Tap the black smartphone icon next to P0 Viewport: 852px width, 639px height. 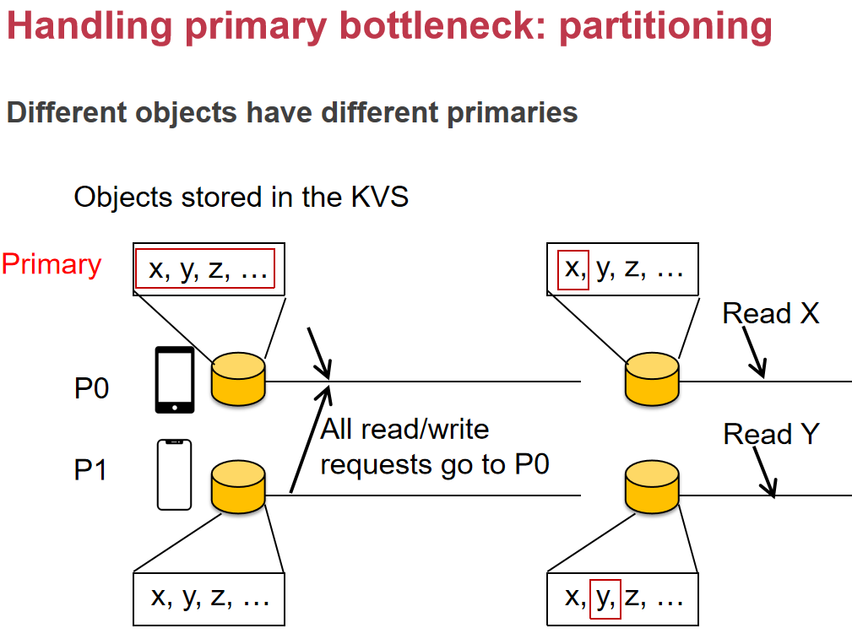(x=175, y=380)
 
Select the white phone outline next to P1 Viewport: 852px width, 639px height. (x=175, y=475)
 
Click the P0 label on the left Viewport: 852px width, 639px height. (x=91, y=388)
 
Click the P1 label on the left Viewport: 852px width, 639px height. (x=90, y=470)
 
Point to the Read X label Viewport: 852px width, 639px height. (x=770, y=313)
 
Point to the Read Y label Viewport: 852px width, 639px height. (x=771, y=434)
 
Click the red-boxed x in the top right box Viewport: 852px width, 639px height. (x=573, y=269)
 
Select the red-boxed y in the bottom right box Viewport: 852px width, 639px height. (x=605, y=599)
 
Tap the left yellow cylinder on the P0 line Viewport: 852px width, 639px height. (x=238, y=379)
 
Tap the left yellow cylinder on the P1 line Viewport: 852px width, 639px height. (x=238, y=487)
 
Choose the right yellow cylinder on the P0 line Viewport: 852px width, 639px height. (x=652, y=379)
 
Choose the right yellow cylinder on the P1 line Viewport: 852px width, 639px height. (x=652, y=487)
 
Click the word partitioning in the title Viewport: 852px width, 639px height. (x=665, y=27)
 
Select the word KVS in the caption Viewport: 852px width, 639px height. (x=380, y=197)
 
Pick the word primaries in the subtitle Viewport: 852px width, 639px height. (x=513, y=113)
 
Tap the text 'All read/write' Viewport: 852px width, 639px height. (x=404, y=430)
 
